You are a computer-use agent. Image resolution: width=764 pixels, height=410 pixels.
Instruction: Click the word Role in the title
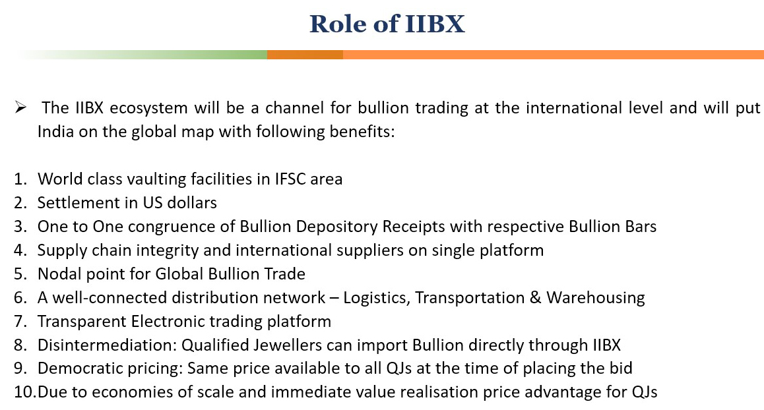point(338,24)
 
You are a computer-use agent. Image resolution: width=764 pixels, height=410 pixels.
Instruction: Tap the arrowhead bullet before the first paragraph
point(20,107)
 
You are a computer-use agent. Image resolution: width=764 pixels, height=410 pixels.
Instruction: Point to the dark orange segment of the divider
point(305,55)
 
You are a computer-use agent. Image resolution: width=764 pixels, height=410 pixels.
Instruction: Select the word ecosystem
point(148,108)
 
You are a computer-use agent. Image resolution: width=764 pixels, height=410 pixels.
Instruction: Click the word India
point(55,131)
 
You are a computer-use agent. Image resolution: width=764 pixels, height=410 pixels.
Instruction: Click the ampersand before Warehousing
point(536,297)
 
